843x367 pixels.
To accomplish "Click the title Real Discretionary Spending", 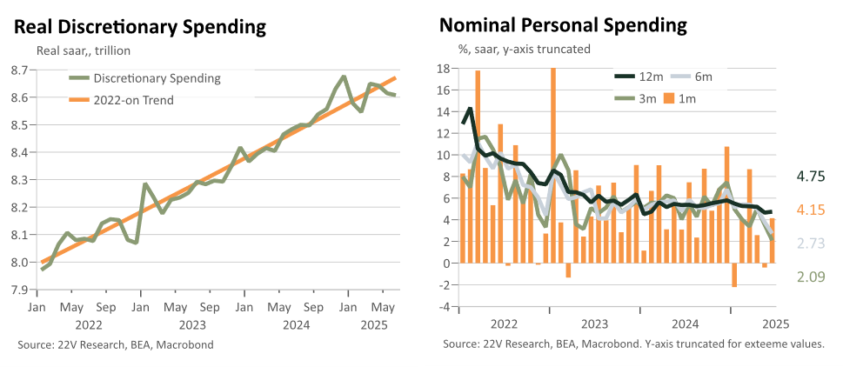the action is point(140,28).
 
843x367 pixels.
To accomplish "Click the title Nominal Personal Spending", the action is point(563,25).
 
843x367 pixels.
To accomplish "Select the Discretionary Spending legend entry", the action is point(145,78).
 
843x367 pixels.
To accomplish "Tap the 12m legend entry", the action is point(639,77).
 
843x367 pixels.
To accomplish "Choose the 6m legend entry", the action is point(693,77).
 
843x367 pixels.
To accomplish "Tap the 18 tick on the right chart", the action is point(443,68).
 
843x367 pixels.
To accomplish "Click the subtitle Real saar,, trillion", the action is point(84,51).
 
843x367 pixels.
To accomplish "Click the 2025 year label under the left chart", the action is point(370,324).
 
